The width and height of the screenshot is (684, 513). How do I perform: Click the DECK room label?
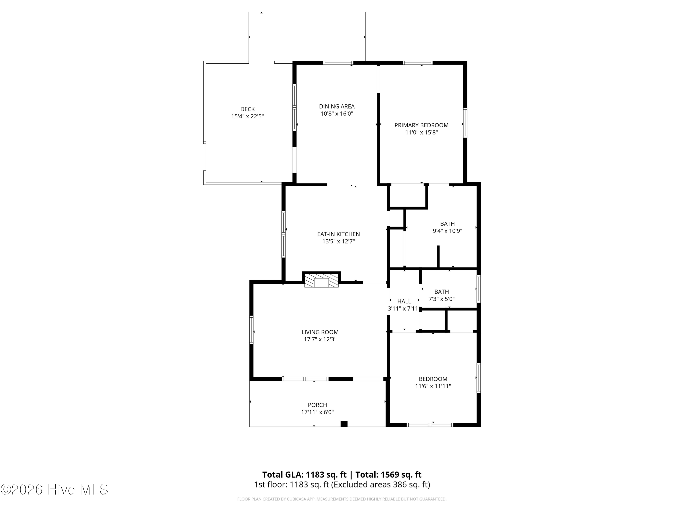(x=247, y=109)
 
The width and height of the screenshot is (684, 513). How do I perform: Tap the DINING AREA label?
(x=337, y=106)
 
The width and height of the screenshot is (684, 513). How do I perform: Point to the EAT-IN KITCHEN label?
(x=339, y=234)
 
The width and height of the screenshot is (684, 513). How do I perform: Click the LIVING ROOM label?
(x=320, y=332)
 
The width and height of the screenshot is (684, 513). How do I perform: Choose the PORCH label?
(x=317, y=405)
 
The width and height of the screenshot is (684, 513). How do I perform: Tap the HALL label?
(x=404, y=301)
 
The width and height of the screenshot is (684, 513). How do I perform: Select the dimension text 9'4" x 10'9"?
(x=447, y=231)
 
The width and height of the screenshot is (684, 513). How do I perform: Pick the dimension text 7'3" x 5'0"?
(x=442, y=299)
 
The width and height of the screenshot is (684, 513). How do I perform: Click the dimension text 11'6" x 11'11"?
(x=433, y=386)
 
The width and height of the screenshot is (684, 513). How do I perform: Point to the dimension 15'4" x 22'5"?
(x=247, y=116)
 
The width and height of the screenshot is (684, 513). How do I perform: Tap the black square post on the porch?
(x=344, y=424)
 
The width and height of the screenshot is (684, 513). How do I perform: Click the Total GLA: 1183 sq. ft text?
(x=305, y=475)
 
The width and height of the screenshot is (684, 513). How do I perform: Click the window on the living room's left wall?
(x=251, y=330)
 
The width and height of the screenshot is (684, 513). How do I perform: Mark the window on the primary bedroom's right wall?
(x=465, y=122)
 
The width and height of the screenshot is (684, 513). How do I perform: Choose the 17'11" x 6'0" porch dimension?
(x=317, y=412)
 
